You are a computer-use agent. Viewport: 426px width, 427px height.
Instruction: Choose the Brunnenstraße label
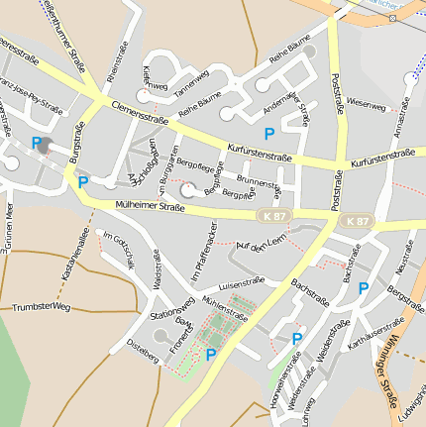pyautogui.click(x=259, y=184)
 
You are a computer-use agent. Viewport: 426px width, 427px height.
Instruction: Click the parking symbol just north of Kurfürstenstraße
pyautogui.click(x=267, y=133)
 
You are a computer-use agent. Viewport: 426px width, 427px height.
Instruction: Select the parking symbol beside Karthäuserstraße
pyautogui.click(x=364, y=288)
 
